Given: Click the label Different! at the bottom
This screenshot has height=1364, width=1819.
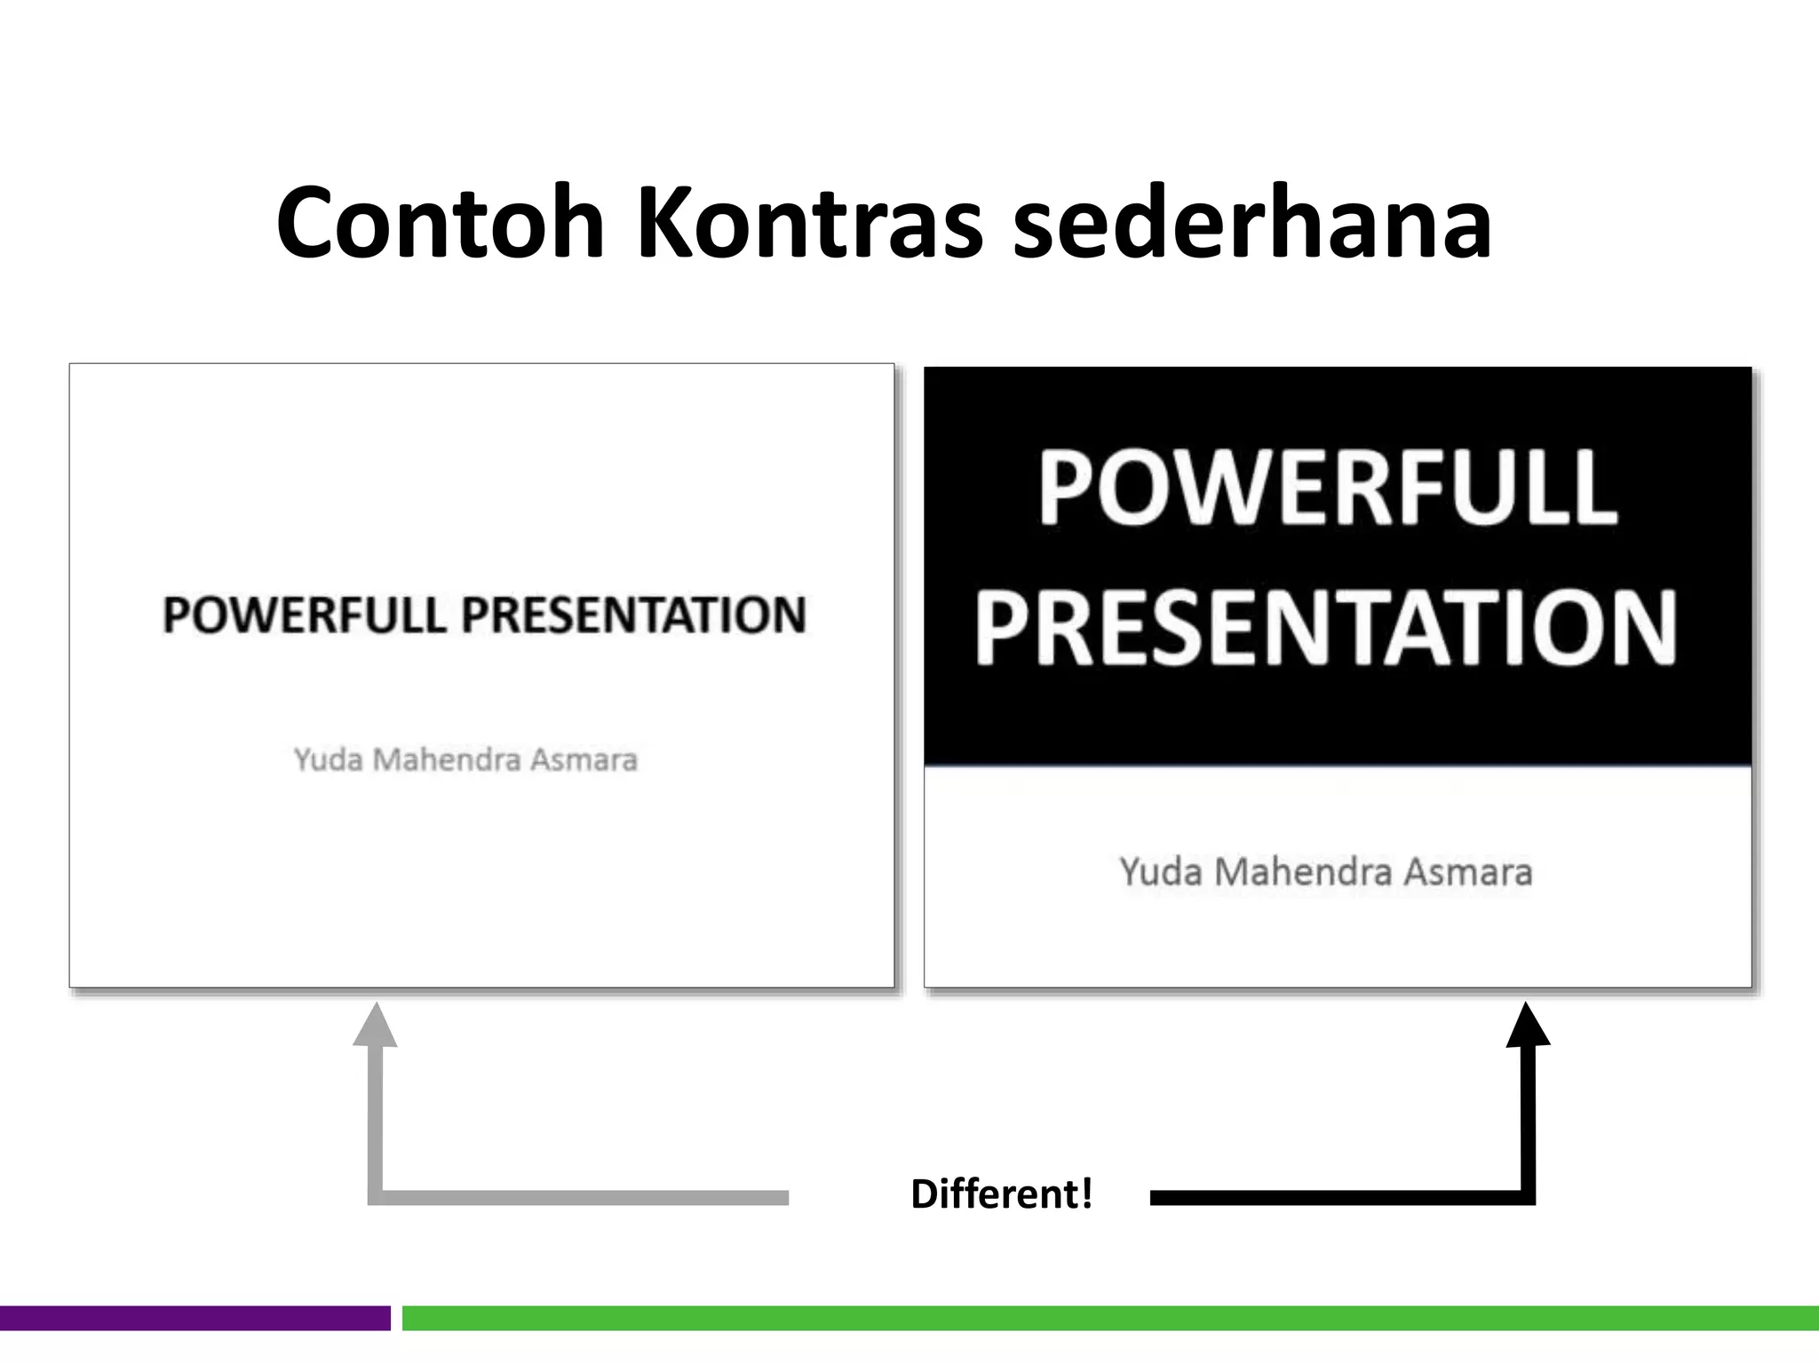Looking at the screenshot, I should [1001, 1194].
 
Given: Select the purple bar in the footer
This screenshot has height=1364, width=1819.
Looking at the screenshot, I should [195, 1318].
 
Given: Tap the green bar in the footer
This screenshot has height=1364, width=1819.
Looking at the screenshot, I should [1110, 1318].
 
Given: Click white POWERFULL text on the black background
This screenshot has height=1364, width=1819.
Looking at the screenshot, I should [1328, 488].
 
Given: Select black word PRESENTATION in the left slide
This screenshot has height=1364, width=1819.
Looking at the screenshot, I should [633, 615].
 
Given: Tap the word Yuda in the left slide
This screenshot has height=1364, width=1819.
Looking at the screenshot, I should [328, 760].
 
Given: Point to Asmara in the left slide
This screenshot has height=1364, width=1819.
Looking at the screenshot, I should [584, 760].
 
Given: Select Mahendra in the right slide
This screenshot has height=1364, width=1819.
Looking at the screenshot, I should [1302, 872].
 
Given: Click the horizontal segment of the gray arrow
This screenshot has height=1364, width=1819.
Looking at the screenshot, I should [577, 1198].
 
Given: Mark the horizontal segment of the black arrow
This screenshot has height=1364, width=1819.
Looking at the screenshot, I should [1332, 1198].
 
